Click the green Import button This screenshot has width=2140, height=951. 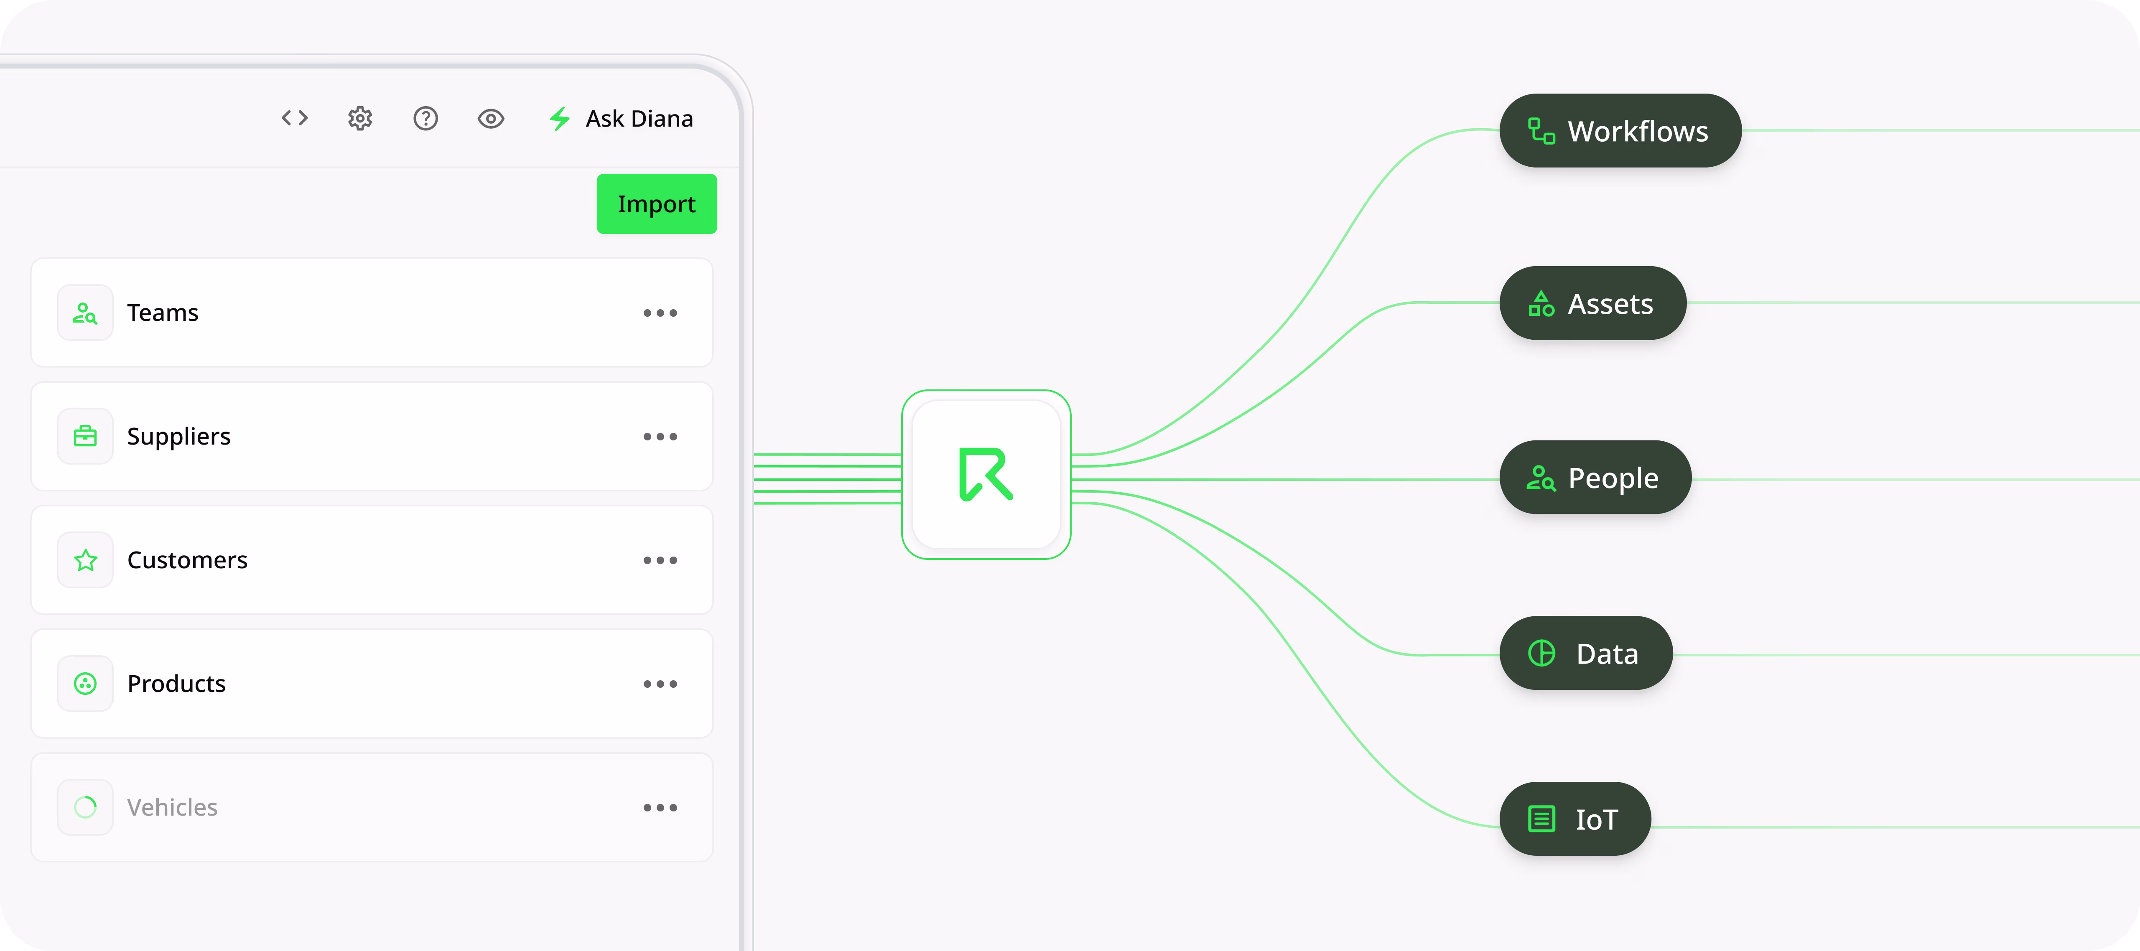click(x=656, y=204)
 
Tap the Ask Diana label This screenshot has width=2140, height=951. click(x=639, y=119)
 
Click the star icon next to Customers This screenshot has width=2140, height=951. click(x=86, y=561)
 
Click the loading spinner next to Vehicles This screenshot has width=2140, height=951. click(x=86, y=807)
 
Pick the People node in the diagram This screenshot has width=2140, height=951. click(x=1595, y=478)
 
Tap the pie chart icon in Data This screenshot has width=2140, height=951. click(x=1542, y=653)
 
